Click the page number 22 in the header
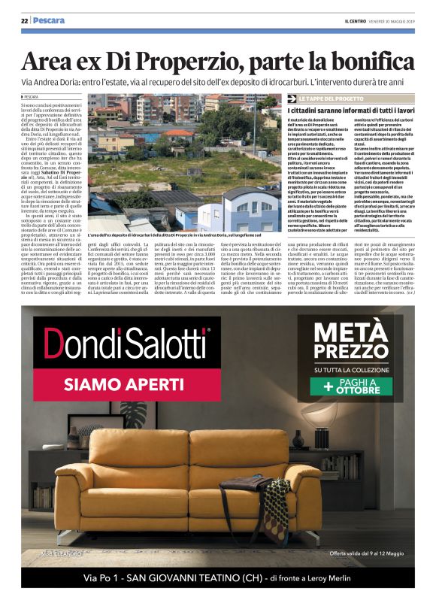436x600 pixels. pos(24,20)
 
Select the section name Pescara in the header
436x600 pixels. pos(49,20)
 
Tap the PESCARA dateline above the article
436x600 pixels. pos(32,98)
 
